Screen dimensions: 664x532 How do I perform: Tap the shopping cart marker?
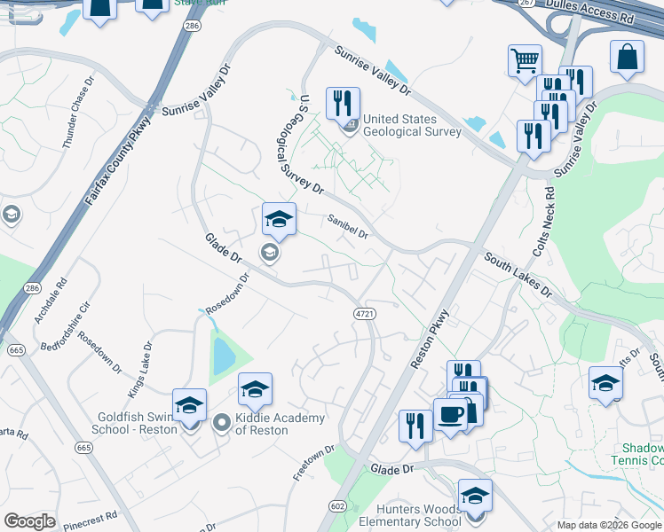525,61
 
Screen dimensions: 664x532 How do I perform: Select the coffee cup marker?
450,415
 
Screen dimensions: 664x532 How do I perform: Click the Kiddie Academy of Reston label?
261,424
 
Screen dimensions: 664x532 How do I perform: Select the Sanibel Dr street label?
347,227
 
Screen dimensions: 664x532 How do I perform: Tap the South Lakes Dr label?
518,274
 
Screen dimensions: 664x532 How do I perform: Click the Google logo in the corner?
29,521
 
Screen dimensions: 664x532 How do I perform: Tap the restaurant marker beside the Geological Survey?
341,103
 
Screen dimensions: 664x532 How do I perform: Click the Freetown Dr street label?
313,464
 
